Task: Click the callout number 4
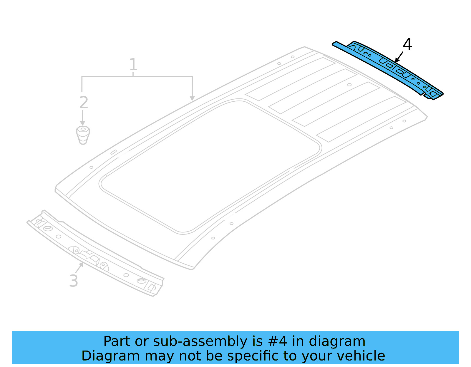coord(407,45)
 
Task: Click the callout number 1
coord(133,64)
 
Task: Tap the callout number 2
coord(84,103)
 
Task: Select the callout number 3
coord(74,281)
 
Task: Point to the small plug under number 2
coord(83,135)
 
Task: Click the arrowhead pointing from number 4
coord(397,61)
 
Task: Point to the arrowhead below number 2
coord(83,123)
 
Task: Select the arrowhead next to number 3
coord(82,264)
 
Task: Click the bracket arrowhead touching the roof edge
coord(192,98)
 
